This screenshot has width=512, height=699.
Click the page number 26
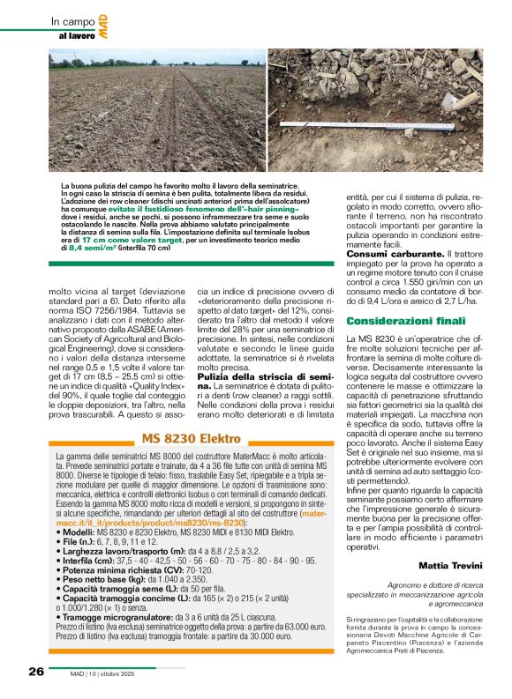pyautogui.click(x=36, y=672)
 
